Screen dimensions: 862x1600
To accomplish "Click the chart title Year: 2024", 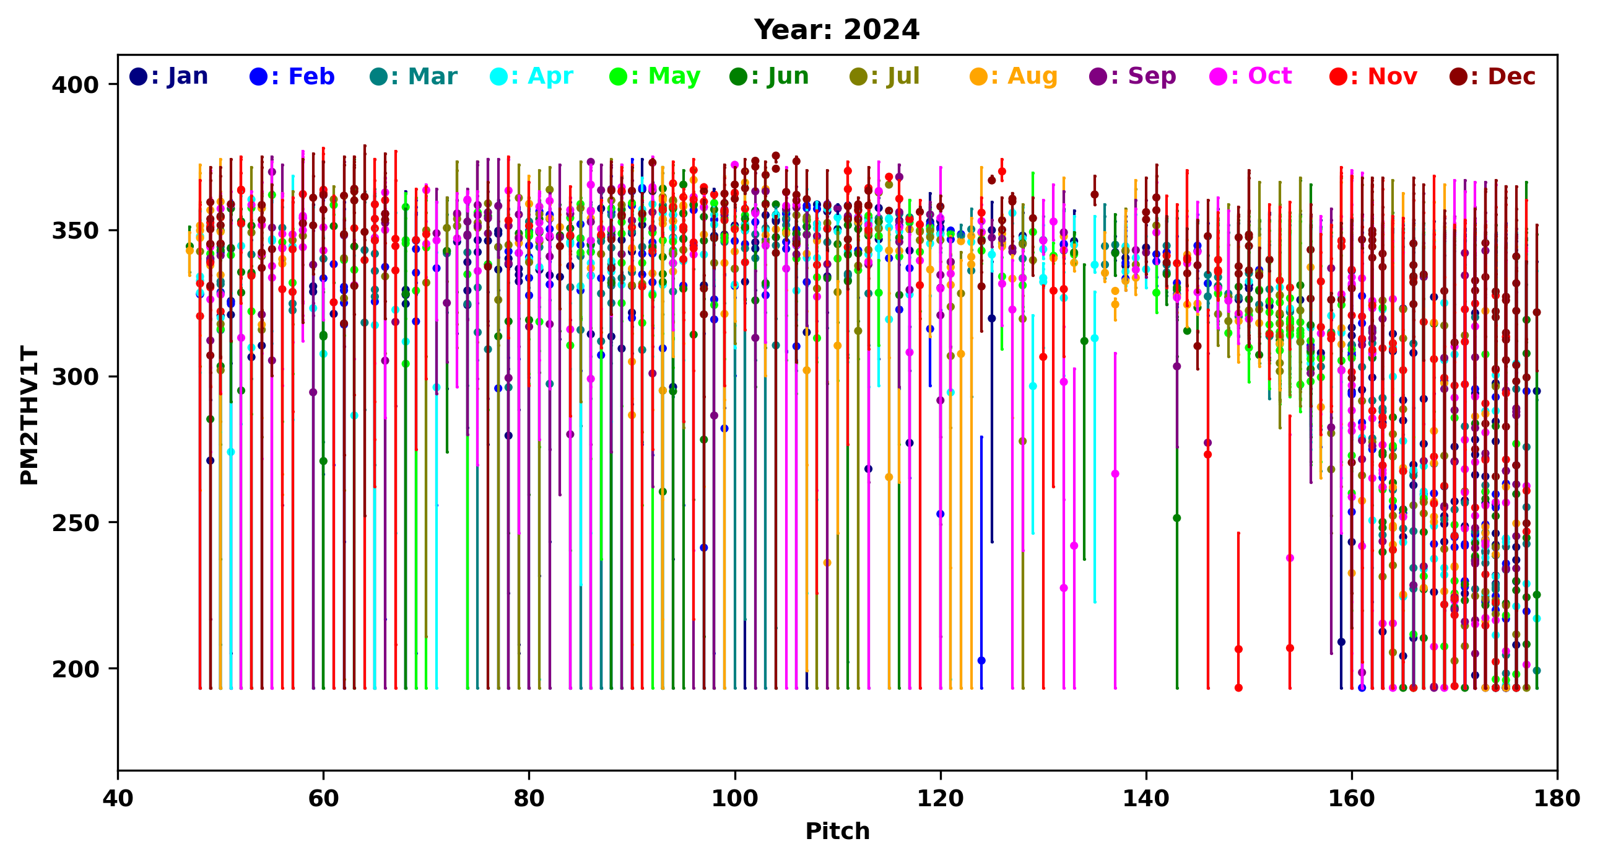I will point(836,30).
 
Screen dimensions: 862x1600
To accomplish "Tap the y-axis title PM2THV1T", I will point(29,415).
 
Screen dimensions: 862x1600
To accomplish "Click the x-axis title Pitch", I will point(837,831).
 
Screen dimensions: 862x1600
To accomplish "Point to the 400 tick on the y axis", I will point(75,84).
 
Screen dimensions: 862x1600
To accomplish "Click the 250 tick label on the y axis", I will point(75,523).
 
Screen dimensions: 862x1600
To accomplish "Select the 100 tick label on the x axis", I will point(735,799).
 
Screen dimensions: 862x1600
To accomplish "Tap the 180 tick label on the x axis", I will point(1557,799).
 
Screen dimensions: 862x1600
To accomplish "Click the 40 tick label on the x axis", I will point(118,799).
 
